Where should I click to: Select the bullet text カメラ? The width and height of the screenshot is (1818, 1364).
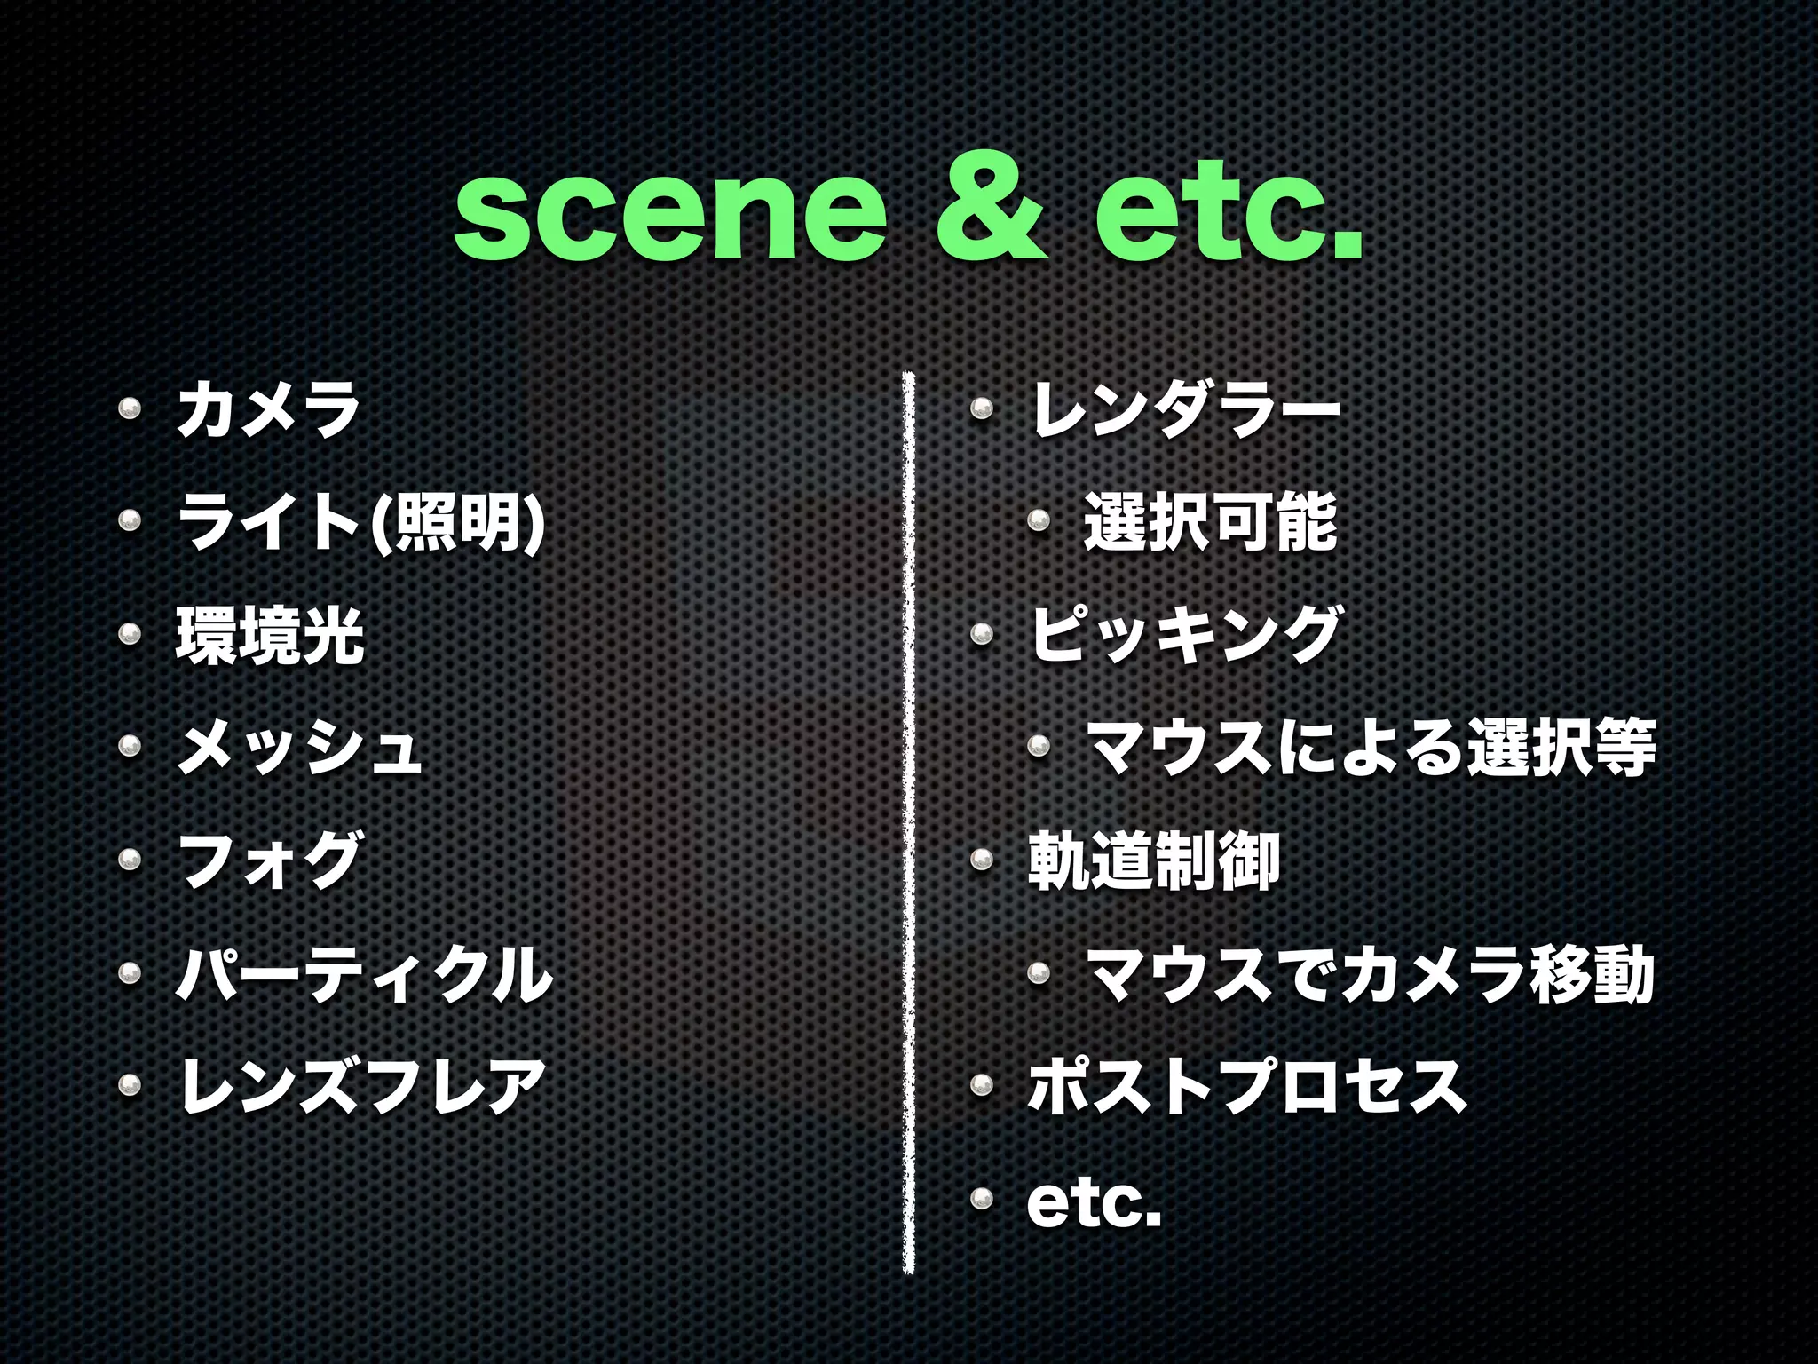(268, 410)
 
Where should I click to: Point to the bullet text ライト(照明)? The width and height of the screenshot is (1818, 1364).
(360, 523)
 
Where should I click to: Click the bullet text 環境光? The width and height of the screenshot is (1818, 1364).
(270, 636)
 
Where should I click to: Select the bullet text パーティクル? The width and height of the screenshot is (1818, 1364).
(364, 974)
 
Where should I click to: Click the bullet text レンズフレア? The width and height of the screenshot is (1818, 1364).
(362, 1086)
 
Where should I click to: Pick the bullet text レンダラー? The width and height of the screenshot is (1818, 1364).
(1185, 410)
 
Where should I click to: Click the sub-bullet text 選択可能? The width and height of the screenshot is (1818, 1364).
(1210, 523)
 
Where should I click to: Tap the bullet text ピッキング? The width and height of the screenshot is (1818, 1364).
(1185, 636)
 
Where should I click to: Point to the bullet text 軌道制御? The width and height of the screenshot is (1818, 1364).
(1153, 860)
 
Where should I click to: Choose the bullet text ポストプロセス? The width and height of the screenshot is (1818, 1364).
(1246, 1086)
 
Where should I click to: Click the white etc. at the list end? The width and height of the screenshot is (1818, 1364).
(1094, 1202)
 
